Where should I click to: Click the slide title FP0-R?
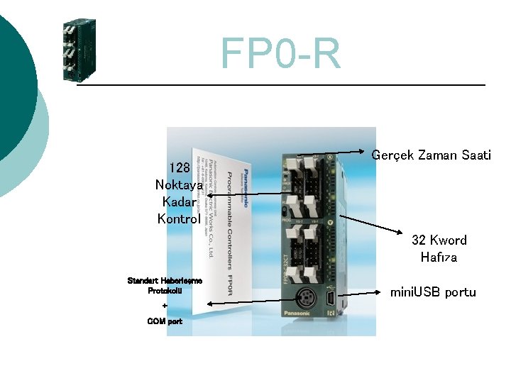click(280, 54)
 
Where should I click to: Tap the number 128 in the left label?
click(179, 168)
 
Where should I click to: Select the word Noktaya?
click(179, 184)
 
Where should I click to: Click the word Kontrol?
click(179, 218)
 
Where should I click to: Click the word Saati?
click(475, 155)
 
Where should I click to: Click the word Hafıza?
click(439, 257)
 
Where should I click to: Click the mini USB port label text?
click(433, 292)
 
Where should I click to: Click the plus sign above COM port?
click(165, 306)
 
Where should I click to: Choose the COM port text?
click(165, 321)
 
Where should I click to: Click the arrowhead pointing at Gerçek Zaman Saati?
click(368, 151)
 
